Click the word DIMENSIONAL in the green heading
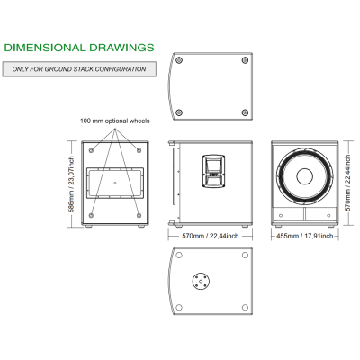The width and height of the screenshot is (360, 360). pos(45,48)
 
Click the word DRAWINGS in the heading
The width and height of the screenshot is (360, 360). pos(121,48)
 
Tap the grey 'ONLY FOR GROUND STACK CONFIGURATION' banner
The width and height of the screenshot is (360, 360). pos(79,69)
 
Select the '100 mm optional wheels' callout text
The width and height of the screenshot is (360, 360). pos(115,121)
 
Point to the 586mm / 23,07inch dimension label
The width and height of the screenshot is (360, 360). pos(71,184)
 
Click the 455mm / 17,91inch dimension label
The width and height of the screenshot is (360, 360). pos(305,236)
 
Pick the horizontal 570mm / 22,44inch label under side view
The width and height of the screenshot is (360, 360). pos(211,236)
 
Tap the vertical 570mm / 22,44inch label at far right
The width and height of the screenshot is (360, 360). pos(347,183)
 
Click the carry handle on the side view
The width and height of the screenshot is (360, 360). pos(214,171)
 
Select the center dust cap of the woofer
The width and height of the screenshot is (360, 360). pos(305,176)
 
